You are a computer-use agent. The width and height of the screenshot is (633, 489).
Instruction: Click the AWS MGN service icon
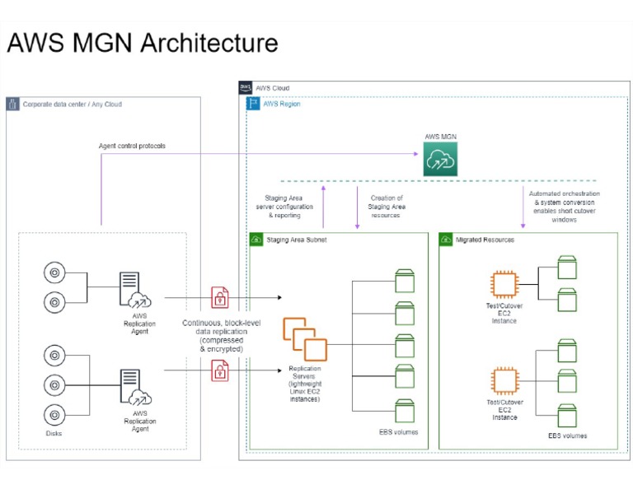[440, 159]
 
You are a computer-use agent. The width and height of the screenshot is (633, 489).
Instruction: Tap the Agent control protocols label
[132, 146]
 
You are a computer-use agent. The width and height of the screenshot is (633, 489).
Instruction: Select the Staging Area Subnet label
[297, 240]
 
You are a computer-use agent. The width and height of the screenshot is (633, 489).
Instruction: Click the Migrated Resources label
[485, 240]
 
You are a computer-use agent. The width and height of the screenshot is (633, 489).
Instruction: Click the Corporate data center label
[72, 105]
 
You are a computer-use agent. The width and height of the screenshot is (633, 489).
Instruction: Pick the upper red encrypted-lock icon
[220, 296]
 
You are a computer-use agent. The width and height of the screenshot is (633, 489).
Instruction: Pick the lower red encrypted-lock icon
[220, 370]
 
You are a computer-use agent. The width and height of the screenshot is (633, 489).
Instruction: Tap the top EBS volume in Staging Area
[404, 280]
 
